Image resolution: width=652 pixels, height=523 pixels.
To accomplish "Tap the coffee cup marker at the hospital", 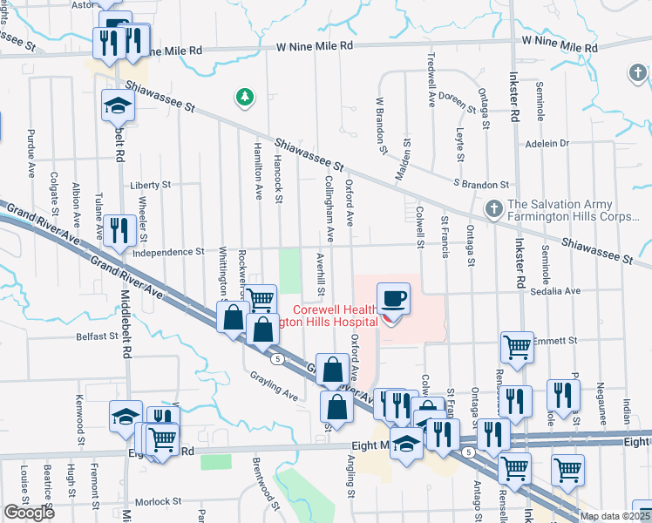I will click(x=393, y=299).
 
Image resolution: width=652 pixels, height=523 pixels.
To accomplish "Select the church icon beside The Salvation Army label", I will click(x=493, y=209).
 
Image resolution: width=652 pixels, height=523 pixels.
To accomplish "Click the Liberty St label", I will click(x=151, y=185).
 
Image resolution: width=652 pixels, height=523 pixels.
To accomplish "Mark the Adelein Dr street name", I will click(x=547, y=143).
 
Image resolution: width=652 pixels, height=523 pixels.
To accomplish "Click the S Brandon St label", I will click(x=480, y=185).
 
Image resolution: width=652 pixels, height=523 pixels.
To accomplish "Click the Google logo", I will click(x=29, y=513).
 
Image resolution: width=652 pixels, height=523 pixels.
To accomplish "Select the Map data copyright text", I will click(x=615, y=516).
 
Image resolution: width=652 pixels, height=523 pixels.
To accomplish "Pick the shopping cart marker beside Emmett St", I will click(x=517, y=347).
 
